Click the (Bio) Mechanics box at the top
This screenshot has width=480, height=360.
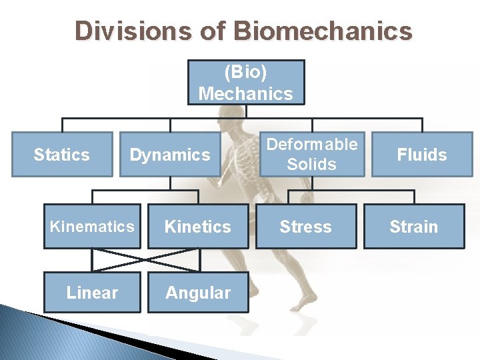(245, 83)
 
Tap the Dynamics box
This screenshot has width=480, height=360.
(170, 155)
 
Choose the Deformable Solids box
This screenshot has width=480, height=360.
(311, 154)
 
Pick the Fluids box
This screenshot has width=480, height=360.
(421, 155)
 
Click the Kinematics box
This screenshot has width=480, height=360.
(92, 227)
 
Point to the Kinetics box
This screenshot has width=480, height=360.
(197, 227)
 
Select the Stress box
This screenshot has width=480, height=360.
(305, 227)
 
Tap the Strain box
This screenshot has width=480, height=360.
(413, 227)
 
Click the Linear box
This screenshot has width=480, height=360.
(92, 292)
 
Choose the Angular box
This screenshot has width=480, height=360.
(197, 292)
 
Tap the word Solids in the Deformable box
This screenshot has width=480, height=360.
(311, 164)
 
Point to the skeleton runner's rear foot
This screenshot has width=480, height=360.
(306, 304)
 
